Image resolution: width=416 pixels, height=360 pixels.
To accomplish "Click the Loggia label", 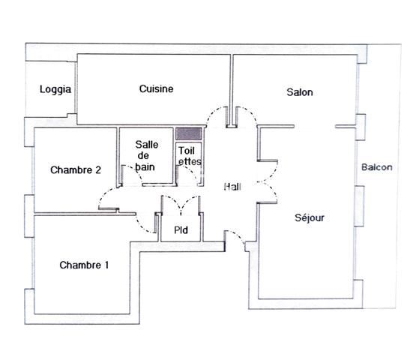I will (55, 90).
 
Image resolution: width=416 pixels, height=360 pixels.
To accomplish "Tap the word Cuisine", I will (156, 88).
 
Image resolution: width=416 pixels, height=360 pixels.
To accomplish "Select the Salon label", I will (300, 93).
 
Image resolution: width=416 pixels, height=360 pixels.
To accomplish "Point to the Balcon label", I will (376, 167).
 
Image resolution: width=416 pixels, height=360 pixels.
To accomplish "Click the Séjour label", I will (309, 218).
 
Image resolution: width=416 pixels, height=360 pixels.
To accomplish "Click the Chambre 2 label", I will (76, 170).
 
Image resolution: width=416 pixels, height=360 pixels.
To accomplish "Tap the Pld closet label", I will (181, 229).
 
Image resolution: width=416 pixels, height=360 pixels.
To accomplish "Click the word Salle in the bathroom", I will (146, 145).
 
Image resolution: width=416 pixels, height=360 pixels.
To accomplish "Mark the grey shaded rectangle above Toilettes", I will (189, 133).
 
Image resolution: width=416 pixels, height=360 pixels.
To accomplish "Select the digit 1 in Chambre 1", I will (106, 265).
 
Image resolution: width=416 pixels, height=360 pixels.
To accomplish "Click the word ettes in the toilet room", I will (189, 160).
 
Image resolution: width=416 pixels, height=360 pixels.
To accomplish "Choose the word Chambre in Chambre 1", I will (79, 265).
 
